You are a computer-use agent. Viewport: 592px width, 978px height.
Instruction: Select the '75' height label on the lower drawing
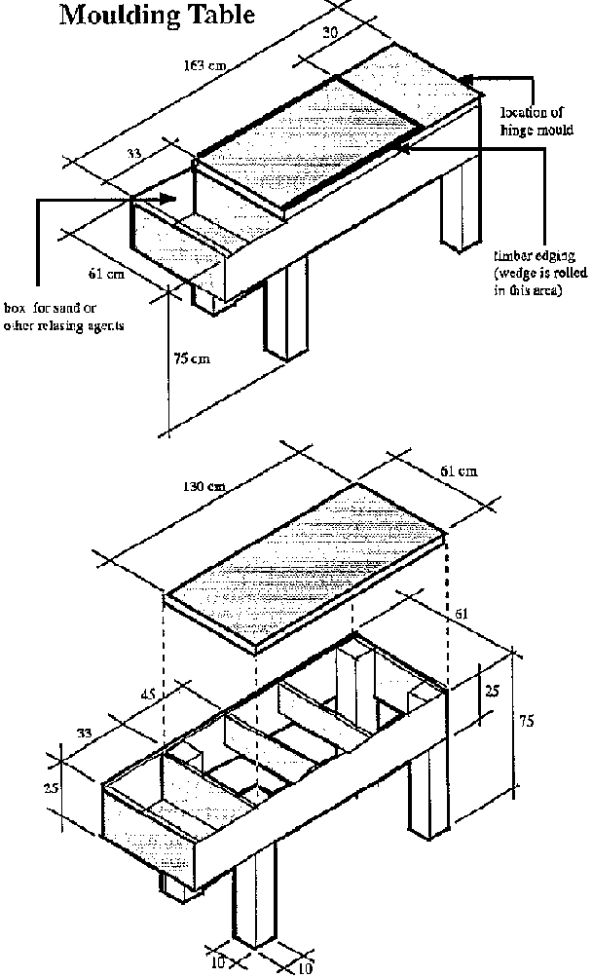[525, 722]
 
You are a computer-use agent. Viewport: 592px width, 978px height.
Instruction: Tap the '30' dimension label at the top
[330, 32]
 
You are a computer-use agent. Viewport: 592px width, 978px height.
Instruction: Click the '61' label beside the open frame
[459, 616]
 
